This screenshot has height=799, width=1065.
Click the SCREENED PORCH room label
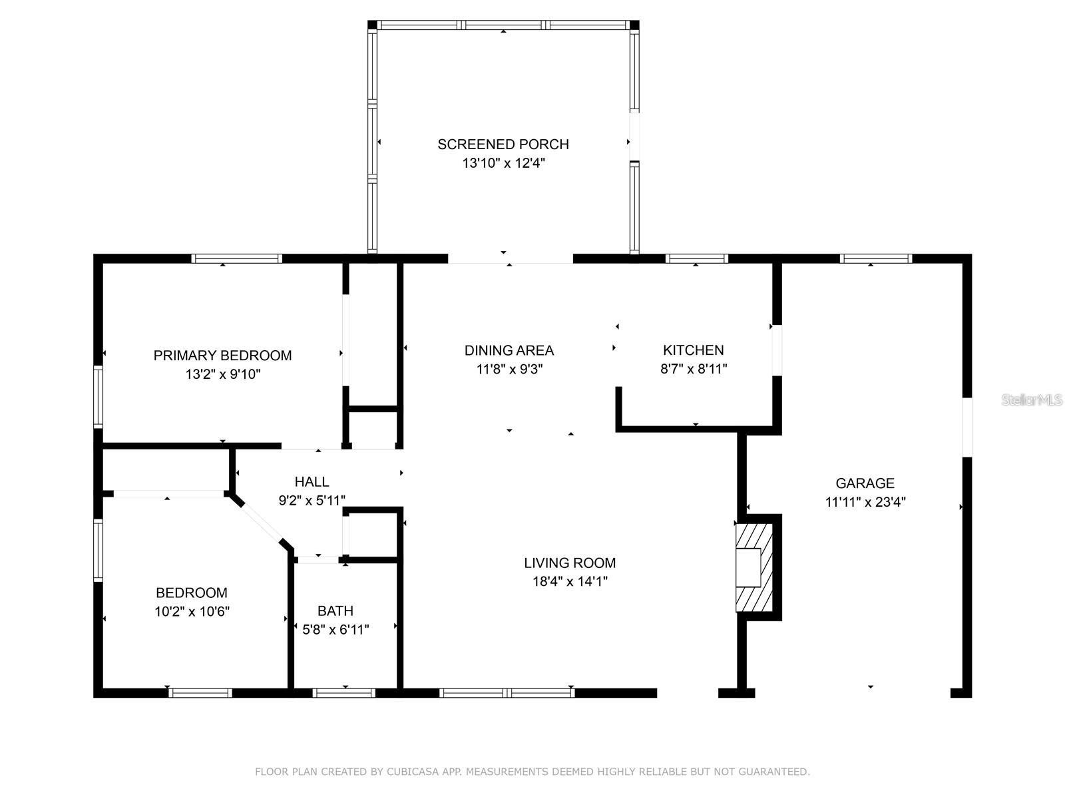tap(503, 144)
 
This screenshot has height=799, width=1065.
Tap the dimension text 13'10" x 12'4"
tap(504, 163)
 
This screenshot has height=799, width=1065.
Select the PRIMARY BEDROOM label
tap(222, 356)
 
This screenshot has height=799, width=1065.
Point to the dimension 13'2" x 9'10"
tap(222, 374)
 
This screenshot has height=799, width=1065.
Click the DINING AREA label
tap(509, 350)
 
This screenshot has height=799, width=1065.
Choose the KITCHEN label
tap(693, 350)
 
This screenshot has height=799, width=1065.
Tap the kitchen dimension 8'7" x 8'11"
tap(693, 369)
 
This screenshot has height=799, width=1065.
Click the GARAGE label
tap(865, 483)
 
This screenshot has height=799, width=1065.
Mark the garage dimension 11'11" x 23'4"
tap(865, 502)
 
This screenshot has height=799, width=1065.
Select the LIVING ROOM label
tap(570, 563)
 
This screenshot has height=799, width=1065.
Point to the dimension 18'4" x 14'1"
tap(570, 581)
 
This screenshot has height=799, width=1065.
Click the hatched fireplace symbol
tap(753, 567)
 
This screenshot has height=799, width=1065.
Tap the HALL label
tap(312, 481)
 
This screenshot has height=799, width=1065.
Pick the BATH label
tap(335, 611)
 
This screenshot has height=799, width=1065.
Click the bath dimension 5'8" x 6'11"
tap(335, 629)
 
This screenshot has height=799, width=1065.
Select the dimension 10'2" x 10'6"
tap(192, 611)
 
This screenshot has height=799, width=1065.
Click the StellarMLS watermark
tap(1032, 400)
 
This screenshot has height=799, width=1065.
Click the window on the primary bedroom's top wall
tap(237, 258)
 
